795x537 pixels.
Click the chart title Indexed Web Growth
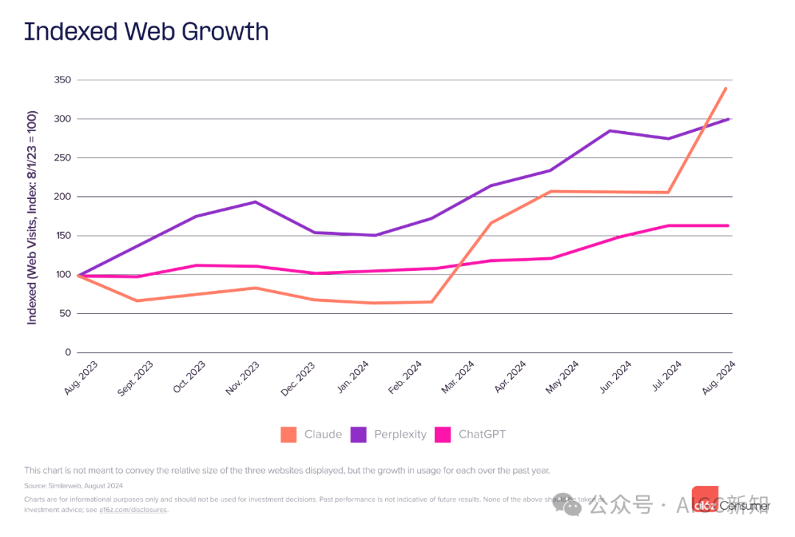146,32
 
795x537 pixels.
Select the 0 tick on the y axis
68,352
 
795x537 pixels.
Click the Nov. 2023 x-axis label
244,377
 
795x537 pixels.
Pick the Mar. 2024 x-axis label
458,377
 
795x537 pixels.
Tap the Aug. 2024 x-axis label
719,377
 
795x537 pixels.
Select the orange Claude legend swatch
289,435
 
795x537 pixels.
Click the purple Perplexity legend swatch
358,435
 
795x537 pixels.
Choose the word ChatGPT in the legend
482,435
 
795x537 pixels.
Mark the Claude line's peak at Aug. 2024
726,88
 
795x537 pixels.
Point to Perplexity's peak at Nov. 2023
255,202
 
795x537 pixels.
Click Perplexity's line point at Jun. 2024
609,130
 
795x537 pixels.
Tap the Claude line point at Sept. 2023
137,301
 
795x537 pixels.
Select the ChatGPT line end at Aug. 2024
727,225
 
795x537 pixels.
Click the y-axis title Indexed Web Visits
32,217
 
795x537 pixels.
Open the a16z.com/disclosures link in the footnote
133,510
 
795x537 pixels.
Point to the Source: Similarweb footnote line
74,485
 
